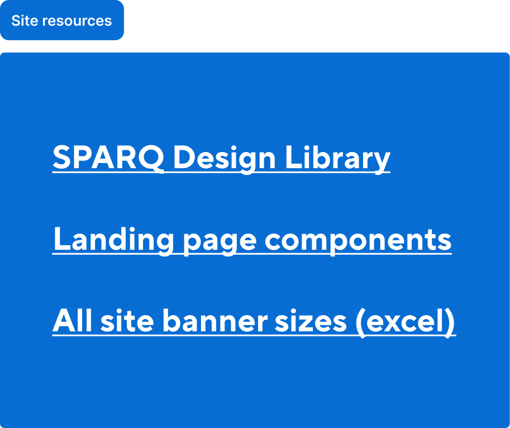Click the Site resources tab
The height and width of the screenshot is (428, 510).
(61, 21)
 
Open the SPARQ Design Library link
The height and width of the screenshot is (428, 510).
(221, 158)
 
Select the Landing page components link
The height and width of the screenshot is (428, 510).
(252, 240)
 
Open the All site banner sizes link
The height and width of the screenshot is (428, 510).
(254, 321)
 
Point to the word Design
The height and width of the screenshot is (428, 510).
(224, 158)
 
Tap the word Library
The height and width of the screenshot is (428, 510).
(337, 158)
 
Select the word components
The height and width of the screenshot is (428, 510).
(358, 240)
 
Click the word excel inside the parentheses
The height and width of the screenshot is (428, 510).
(406, 321)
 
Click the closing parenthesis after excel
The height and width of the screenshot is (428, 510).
(450, 322)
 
